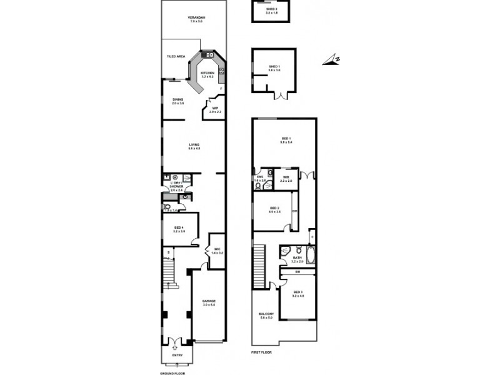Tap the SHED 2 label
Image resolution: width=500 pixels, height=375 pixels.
(272, 9)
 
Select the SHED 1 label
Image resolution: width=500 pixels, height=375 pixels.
(275, 69)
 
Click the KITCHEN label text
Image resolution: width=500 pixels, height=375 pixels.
(207, 73)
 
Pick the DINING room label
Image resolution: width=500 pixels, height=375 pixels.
(178, 100)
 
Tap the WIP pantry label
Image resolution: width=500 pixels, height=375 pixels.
(214, 108)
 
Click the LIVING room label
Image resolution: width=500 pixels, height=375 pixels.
(194, 146)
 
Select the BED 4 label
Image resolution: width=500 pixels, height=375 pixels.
(178, 227)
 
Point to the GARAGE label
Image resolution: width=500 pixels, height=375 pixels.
(208, 301)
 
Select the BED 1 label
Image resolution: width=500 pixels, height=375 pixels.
(286, 138)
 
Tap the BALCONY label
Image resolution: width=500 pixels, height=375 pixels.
(266, 314)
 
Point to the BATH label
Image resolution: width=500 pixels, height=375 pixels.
(297, 257)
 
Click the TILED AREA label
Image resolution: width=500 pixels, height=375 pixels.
(176, 56)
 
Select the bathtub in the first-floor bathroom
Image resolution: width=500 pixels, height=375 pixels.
(311, 256)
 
